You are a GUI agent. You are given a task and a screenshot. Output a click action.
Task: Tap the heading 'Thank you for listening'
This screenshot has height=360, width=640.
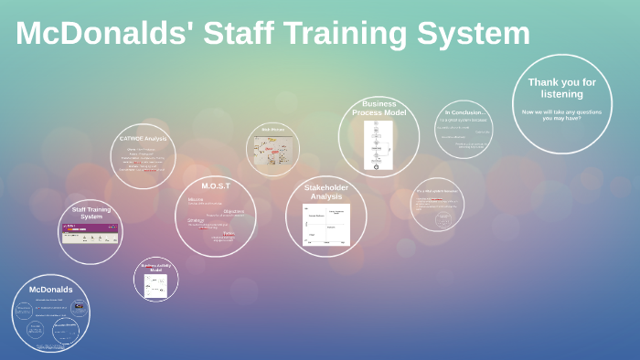(561, 88)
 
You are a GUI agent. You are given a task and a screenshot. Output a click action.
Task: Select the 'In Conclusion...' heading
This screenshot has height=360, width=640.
(465, 112)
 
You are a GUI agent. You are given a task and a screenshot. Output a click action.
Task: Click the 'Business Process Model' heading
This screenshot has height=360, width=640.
(379, 108)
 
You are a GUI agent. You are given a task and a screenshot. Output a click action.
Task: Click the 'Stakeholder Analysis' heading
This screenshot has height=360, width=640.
(326, 192)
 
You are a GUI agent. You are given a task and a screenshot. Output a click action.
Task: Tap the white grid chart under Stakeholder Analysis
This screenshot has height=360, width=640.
(326, 225)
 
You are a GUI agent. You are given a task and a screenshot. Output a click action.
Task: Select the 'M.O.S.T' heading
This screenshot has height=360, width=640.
(216, 185)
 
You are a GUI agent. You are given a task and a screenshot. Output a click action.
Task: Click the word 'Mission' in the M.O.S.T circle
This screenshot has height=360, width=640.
(196, 198)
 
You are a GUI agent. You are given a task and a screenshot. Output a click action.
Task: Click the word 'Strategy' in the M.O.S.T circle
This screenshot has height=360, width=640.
(196, 219)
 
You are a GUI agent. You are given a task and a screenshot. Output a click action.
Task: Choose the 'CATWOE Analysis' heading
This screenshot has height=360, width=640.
(144, 139)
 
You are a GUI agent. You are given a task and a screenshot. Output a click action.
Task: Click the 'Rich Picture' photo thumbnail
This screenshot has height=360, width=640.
(273, 150)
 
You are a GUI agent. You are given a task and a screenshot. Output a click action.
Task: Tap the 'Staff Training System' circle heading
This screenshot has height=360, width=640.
(91, 212)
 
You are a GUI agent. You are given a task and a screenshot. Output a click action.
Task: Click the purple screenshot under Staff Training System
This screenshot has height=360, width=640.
(90, 233)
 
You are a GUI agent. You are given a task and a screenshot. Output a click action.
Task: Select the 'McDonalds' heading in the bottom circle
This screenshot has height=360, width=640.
(50, 290)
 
